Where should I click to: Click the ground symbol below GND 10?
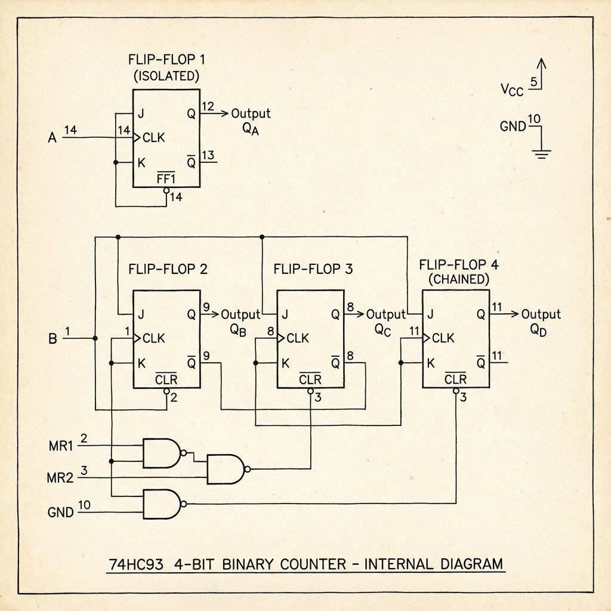541,154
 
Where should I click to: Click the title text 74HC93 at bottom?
137,564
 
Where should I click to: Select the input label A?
52,138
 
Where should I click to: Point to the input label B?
52,339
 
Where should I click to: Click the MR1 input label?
60,445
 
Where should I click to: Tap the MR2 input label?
60,477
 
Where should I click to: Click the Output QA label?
251,120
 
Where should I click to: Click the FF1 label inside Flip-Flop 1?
165,178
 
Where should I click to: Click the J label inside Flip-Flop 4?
430,314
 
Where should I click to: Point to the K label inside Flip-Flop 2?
141,363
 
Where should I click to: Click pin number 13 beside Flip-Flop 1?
208,156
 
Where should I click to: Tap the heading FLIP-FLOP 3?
313,269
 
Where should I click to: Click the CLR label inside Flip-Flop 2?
165,380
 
